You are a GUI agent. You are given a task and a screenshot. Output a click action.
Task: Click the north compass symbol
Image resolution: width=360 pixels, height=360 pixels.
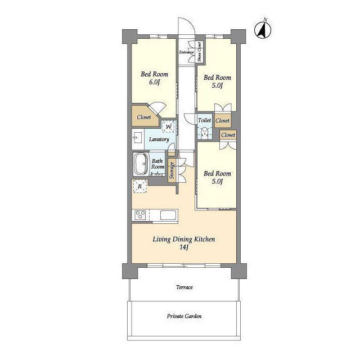(263, 29)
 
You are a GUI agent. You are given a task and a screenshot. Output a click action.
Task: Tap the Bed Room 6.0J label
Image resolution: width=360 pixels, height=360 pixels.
(154, 78)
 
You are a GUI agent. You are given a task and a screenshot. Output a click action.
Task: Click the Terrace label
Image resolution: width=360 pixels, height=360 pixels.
(184, 287)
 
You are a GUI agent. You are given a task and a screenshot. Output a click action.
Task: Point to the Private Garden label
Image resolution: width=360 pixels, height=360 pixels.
(184, 316)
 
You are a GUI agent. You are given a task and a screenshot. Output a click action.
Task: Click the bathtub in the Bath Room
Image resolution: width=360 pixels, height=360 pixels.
(141, 164)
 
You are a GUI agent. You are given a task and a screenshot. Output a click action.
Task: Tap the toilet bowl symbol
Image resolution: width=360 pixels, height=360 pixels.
(204, 133)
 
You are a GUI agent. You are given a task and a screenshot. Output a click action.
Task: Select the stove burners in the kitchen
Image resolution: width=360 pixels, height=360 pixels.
(140, 215)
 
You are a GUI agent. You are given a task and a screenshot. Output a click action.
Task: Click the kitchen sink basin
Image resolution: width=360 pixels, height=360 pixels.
(168, 215)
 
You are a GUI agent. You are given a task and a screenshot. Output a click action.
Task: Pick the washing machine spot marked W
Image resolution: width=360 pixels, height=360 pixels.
(169, 126)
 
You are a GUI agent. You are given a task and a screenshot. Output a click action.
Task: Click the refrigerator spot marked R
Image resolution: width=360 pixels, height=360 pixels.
(140, 186)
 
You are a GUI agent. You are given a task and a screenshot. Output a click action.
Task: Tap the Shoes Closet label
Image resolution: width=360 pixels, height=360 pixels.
(199, 52)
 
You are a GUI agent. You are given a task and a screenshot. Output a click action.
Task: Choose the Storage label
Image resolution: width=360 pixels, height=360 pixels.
(172, 170)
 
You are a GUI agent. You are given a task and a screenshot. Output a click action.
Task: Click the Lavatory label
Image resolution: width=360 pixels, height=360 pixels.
(159, 139)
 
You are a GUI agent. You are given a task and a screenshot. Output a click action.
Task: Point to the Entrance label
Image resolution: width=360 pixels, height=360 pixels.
(186, 52)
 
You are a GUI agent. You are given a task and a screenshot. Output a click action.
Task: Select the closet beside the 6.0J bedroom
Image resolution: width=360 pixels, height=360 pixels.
(144, 116)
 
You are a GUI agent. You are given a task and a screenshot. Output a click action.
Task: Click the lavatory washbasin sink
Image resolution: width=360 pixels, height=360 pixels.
(137, 139)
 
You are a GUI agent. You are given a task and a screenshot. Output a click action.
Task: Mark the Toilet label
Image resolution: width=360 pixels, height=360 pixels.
(204, 120)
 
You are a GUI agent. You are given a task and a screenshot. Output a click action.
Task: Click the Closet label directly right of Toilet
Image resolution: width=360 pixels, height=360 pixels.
(223, 120)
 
